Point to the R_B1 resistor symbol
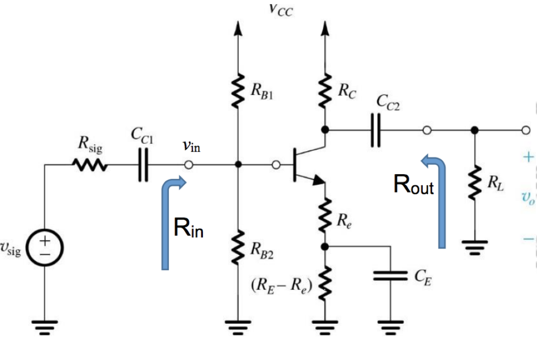click(239, 91)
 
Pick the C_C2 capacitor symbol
click(375, 130)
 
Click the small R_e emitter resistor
click(325, 214)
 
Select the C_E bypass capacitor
click(390, 276)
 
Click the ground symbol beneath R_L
click(475, 246)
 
